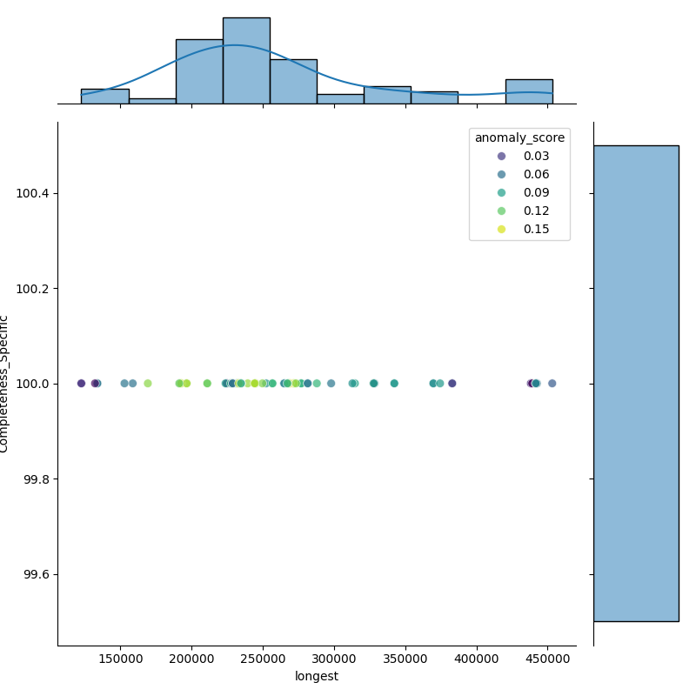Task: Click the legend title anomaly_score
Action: pyautogui.click(x=519, y=137)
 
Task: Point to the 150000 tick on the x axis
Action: pyautogui.click(x=121, y=659)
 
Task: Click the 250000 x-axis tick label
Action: pyautogui.click(x=264, y=659)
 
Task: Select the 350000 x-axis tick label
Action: pyautogui.click(x=405, y=659)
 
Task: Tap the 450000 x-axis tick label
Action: pyautogui.click(x=548, y=659)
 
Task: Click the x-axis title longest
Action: pyautogui.click(x=317, y=676)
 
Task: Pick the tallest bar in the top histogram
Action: pyautogui.click(x=246, y=61)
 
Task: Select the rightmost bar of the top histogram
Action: pyautogui.click(x=529, y=91)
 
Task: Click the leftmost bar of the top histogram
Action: pyautogui.click(x=104, y=97)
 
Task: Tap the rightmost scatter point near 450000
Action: pyautogui.click(x=552, y=384)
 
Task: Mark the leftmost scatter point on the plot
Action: pyautogui.click(x=81, y=384)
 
